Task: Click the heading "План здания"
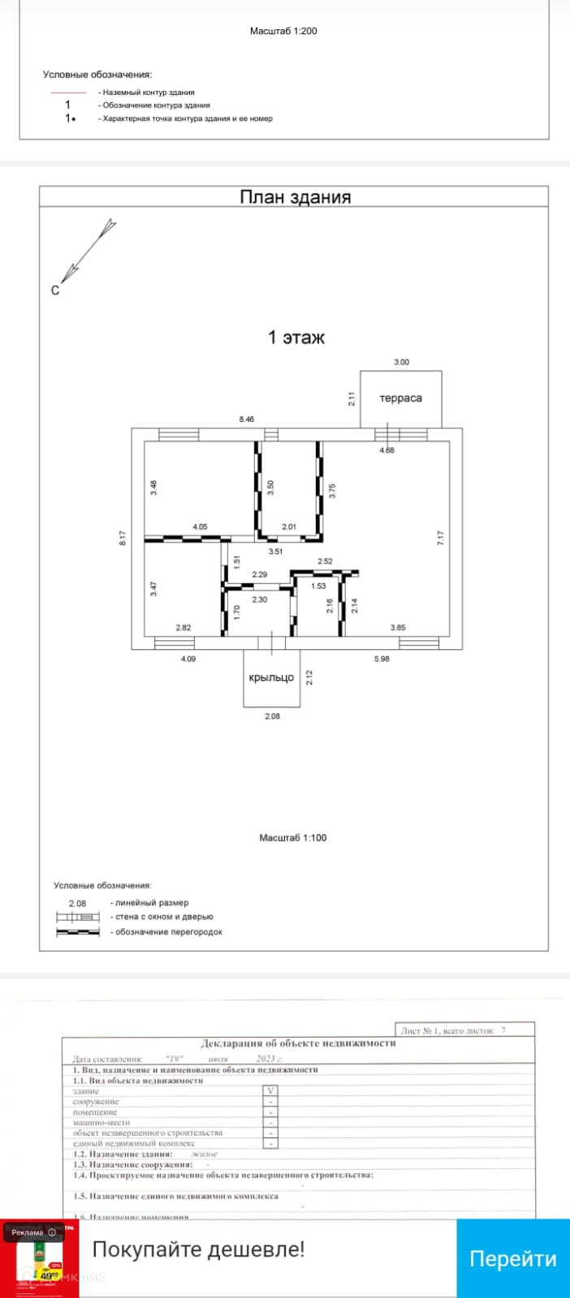[x=295, y=197]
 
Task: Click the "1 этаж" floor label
[x=296, y=337]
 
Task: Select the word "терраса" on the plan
[x=400, y=398]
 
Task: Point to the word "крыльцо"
[x=271, y=677]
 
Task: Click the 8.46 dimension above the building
[x=246, y=419]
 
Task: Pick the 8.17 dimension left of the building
[x=123, y=538]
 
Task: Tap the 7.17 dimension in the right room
[x=441, y=538]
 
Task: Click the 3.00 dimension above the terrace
[x=401, y=363]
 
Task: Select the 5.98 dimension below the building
[x=382, y=659]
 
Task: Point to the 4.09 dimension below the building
[x=188, y=659]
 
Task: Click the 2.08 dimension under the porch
[x=272, y=716]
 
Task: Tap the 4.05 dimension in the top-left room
[x=200, y=527]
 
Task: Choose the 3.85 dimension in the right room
[x=397, y=627]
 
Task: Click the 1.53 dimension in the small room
[x=318, y=586]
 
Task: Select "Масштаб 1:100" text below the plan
[x=292, y=838]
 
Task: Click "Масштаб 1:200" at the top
[x=283, y=31]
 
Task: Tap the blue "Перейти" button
[x=512, y=1258]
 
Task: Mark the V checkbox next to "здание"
[x=271, y=1091]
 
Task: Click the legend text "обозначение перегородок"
[x=168, y=932]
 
